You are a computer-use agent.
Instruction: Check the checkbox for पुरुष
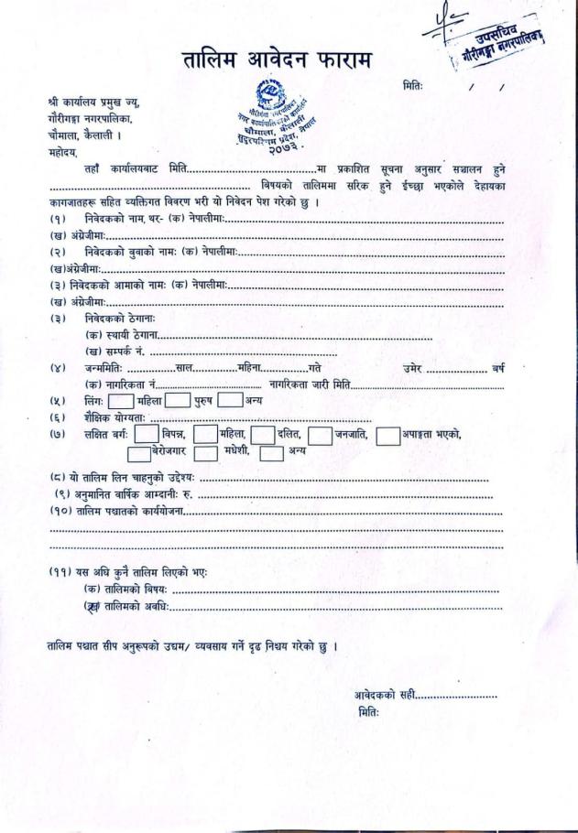point(178,400)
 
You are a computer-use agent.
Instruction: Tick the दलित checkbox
point(263,434)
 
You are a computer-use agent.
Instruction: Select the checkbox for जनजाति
point(320,434)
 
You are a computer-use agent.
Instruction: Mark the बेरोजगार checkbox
point(138,452)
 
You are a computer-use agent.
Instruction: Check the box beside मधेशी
point(205,452)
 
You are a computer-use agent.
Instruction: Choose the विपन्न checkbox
point(147,434)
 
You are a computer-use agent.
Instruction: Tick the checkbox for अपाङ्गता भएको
point(388,434)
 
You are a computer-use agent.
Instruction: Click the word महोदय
point(65,153)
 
